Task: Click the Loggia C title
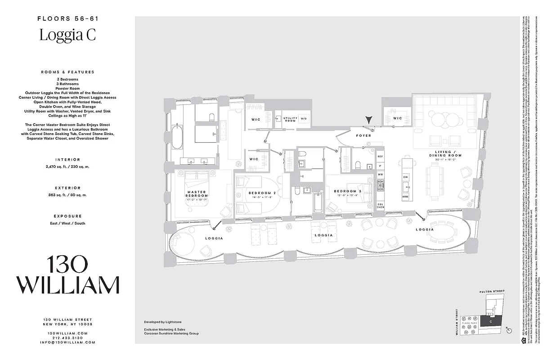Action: click(x=67, y=35)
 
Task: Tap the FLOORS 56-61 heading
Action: click(x=67, y=19)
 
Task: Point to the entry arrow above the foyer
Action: click(x=369, y=120)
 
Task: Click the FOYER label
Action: click(x=363, y=135)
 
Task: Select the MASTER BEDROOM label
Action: click(x=197, y=194)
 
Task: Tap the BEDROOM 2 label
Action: click(x=262, y=193)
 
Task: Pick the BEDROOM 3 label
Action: click(x=345, y=191)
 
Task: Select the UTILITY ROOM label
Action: click(x=290, y=120)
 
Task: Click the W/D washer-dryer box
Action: click(x=303, y=119)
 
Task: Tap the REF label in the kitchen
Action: click(x=380, y=157)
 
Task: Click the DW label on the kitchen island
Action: click(x=406, y=177)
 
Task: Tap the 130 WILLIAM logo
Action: click(x=67, y=275)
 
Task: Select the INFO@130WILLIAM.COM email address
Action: click(x=67, y=342)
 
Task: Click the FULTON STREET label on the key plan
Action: click(x=492, y=292)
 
